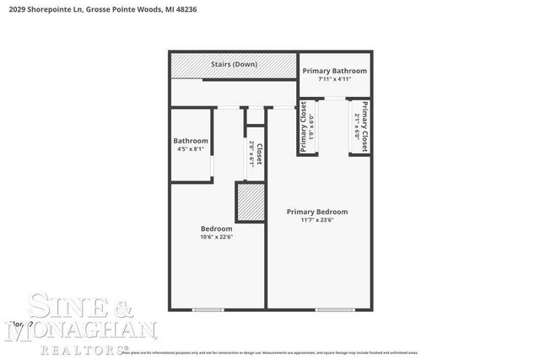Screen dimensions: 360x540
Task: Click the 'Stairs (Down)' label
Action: tap(234, 64)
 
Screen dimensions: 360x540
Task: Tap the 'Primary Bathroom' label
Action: tap(335, 71)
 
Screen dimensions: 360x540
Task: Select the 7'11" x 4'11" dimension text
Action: tap(335, 80)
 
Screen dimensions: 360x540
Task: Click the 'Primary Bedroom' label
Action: tap(316, 212)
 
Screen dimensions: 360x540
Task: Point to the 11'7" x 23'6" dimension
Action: tap(316, 221)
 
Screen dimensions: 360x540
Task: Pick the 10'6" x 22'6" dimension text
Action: tap(216, 237)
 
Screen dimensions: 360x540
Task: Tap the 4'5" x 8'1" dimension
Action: tap(191, 149)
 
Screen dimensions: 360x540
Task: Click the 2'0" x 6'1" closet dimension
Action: tap(251, 154)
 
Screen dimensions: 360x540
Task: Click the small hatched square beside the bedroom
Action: tap(250, 202)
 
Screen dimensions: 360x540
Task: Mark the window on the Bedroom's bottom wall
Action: tap(208, 310)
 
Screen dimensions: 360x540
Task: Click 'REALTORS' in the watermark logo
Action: tap(81, 347)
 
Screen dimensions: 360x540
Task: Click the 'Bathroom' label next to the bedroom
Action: tap(191, 141)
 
